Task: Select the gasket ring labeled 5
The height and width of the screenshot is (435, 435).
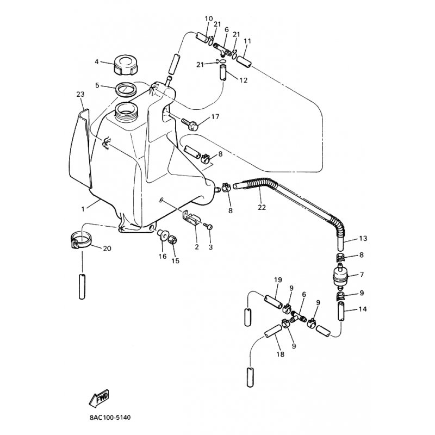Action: pos(126,90)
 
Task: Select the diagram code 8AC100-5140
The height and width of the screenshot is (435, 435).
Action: pos(110,417)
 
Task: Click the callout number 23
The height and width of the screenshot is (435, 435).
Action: pos(80,94)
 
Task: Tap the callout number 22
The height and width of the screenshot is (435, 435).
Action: pos(262,207)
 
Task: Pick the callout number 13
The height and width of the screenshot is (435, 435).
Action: pos(363,238)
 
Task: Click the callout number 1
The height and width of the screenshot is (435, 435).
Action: pos(83,209)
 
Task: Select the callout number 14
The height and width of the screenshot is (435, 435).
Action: pos(363,309)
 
